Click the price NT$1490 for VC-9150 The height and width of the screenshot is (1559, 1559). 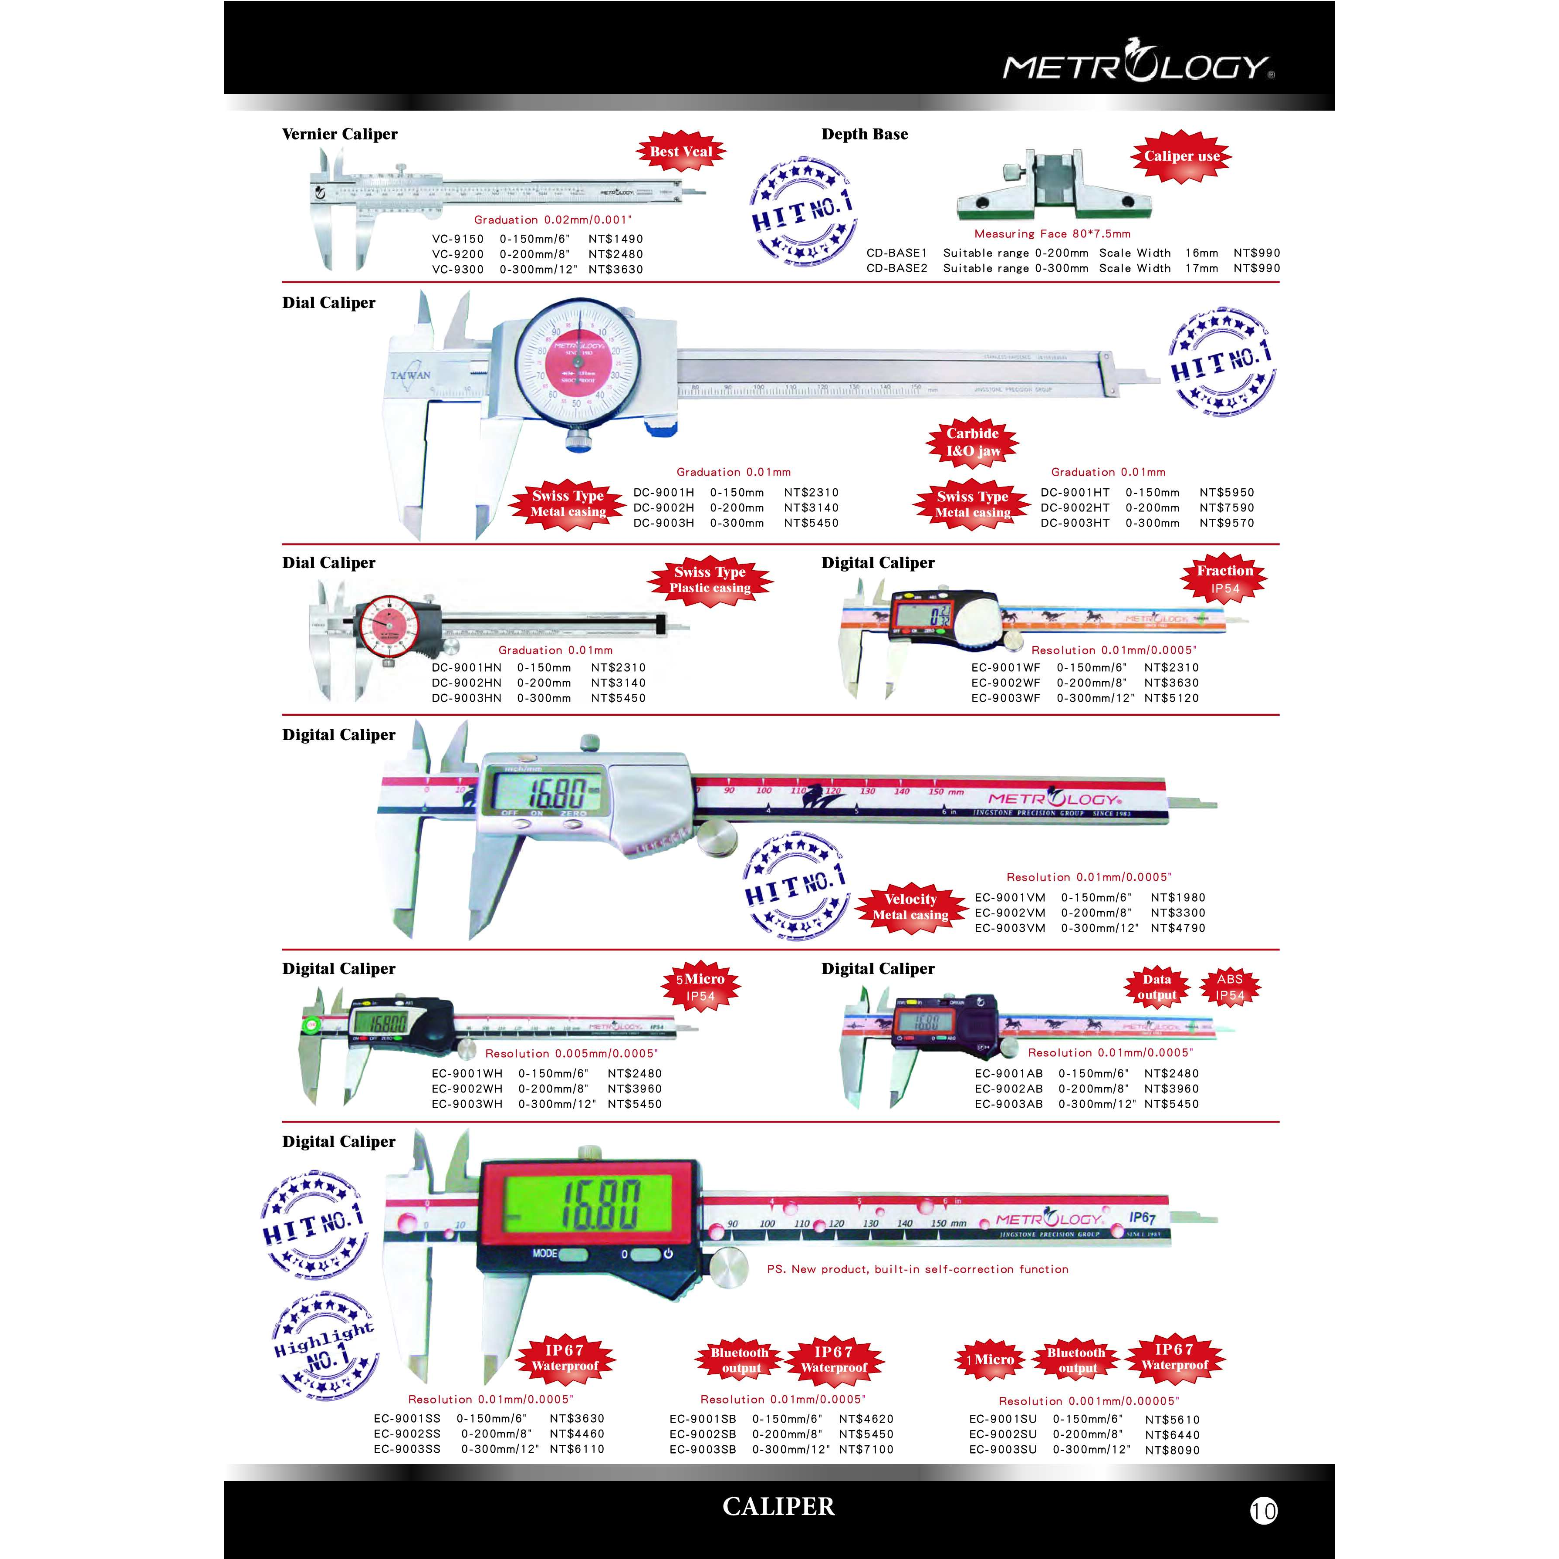click(615, 239)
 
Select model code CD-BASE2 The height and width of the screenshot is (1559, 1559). click(896, 268)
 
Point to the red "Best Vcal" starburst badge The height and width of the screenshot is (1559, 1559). click(681, 152)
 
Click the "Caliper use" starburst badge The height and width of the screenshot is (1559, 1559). click(1181, 156)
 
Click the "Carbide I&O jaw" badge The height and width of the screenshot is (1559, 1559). click(972, 442)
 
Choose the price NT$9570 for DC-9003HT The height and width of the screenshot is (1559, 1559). click(1227, 523)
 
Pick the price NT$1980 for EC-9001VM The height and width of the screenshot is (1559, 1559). click(1177, 897)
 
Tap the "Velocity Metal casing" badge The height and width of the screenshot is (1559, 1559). click(910, 907)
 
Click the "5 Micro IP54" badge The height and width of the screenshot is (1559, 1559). click(700, 987)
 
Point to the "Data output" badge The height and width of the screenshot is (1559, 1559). click(1157, 987)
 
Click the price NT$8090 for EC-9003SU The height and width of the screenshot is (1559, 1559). click(1172, 1450)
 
